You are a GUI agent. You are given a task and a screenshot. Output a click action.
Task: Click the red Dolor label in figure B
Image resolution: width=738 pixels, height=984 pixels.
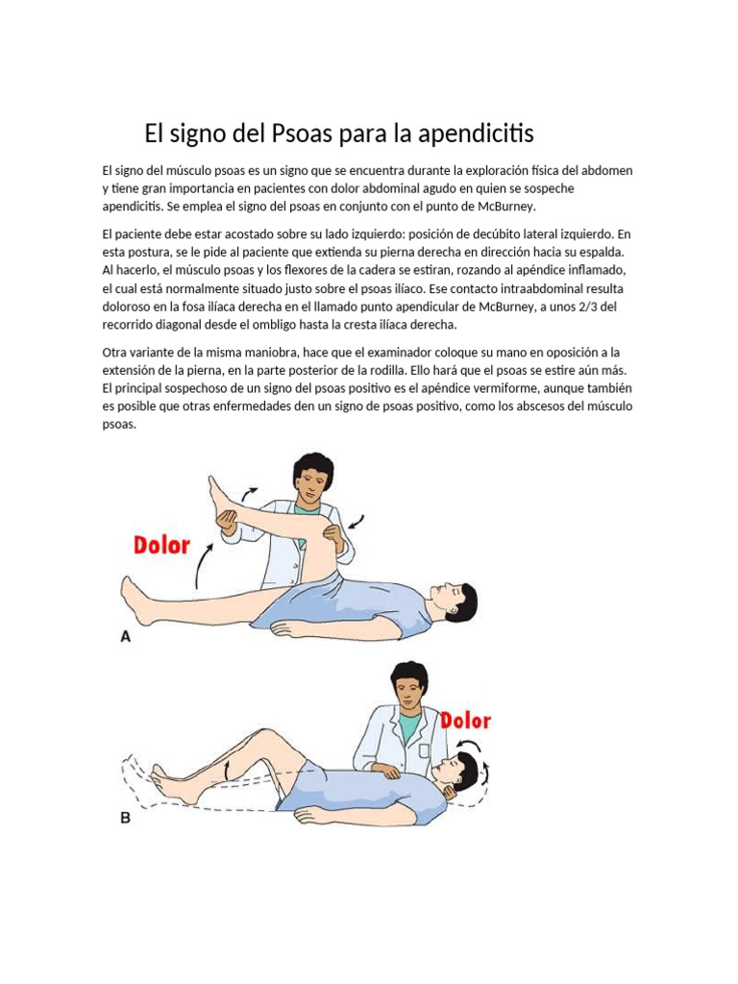coord(465,720)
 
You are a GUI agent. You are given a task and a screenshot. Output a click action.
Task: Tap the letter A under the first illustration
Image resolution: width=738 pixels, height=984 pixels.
coord(125,635)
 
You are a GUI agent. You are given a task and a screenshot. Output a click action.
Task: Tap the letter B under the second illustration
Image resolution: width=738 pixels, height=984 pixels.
coord(125,820)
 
